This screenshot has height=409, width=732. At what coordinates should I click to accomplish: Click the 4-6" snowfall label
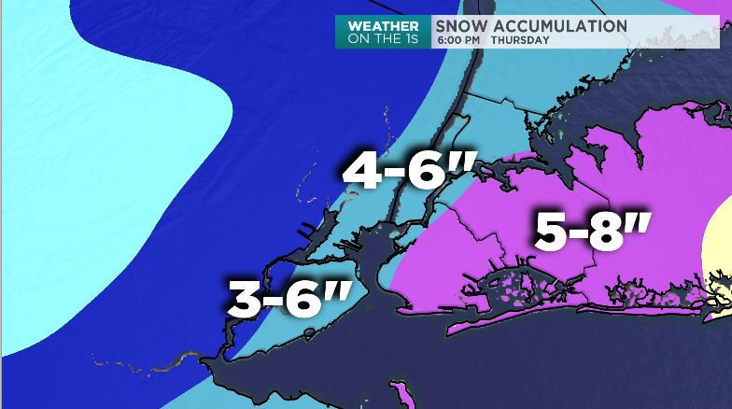404,171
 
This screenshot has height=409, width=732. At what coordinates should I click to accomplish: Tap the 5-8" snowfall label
593,229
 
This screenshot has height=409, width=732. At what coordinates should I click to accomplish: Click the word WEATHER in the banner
384,26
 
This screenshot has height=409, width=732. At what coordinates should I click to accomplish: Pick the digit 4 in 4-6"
362,172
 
